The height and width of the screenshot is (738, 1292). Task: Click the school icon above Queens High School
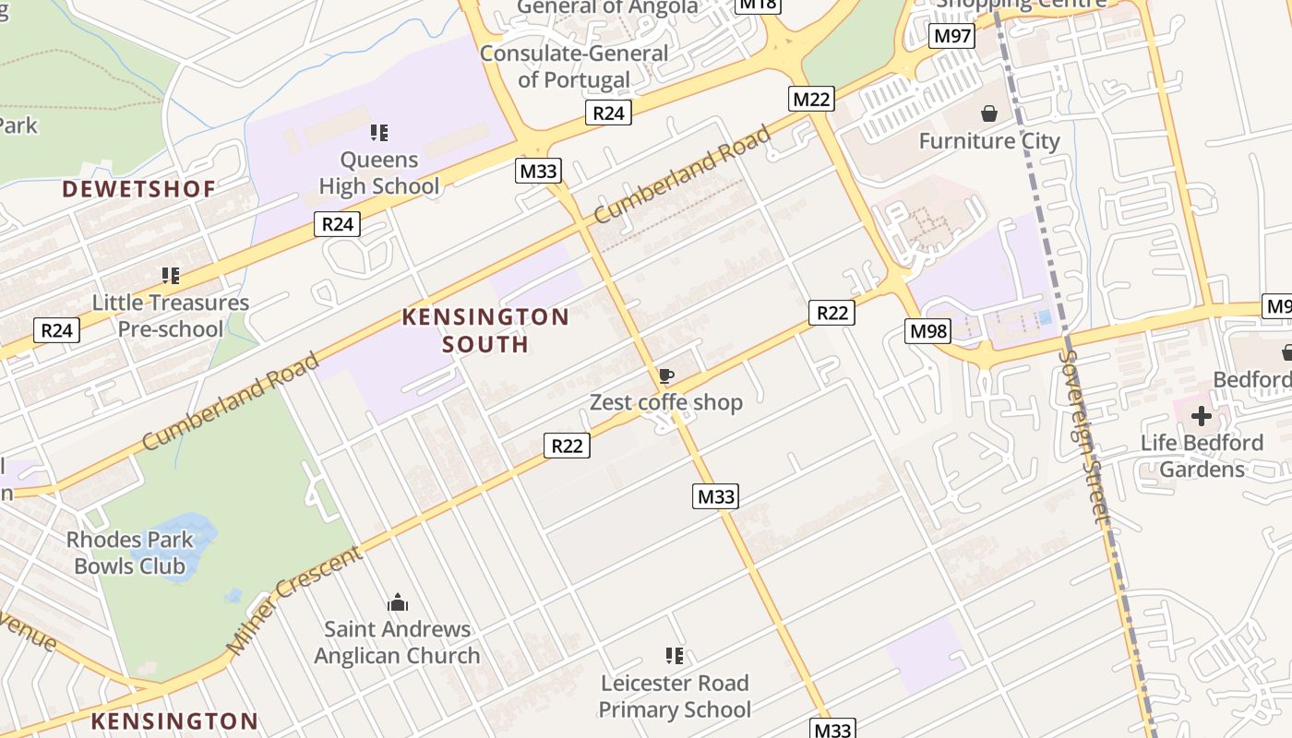click(378, 133)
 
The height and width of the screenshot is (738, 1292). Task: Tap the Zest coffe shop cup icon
click(665, 375)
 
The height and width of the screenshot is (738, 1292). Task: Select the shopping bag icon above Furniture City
click(989, 113)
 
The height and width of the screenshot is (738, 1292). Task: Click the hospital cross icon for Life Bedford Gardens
click(1201, 416)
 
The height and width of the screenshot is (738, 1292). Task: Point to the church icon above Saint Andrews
click(398, 602)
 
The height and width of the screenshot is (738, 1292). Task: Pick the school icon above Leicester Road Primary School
click(675, 656)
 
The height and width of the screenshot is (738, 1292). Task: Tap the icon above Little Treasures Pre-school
click(171, 275)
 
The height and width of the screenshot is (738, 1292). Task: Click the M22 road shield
click(811, 99)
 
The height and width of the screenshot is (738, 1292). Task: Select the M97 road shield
click(951, 36)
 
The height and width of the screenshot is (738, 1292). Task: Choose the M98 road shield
click(927, 331)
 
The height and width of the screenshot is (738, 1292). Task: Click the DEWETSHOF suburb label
click(138, 189)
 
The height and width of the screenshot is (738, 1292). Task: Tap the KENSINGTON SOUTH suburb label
click(485, 330)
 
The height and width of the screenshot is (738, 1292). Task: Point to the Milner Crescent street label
click(295, 600)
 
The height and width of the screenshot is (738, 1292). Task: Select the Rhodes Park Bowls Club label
click(130, 553)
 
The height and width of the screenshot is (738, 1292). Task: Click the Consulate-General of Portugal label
click(574, 66)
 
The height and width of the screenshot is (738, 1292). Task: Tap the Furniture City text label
click(989, 141)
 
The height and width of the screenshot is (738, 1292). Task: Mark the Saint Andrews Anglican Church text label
click(397, 642)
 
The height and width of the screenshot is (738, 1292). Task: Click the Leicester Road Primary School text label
click(675, 696)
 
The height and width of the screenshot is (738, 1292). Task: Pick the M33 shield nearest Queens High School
click(538, 171)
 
